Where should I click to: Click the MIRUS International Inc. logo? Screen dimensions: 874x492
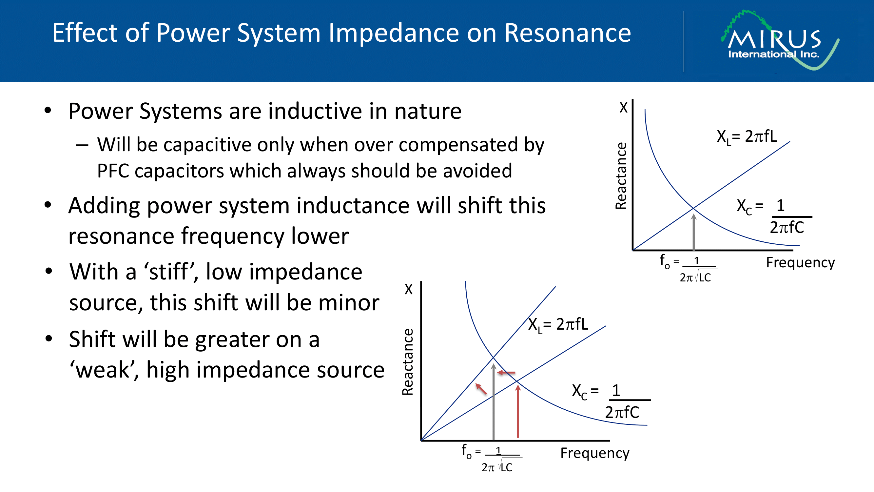[x=780, y=40]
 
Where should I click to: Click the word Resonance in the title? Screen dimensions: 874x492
[x=568, y=33]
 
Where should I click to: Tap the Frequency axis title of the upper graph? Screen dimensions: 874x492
[x=800, y=263]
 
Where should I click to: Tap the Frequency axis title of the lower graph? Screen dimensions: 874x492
[x=595, y=453]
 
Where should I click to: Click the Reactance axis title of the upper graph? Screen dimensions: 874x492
[x=621, y=175]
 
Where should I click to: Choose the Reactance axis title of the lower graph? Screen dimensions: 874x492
[x=407, y=362]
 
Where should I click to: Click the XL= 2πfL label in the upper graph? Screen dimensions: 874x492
[x=747, y=137]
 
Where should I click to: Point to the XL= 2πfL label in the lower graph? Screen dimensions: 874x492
[x=558, y=325]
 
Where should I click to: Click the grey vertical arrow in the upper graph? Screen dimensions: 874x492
[x=694, y=232]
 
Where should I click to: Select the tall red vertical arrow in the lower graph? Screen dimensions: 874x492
[x=518, y=412]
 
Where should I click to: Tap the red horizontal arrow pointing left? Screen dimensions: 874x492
[x=506, y=373]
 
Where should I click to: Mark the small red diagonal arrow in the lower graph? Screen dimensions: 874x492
[x=481, y=389]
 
